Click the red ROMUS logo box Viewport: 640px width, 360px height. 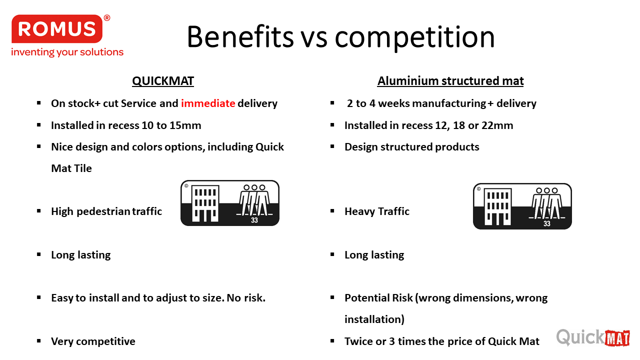click(57, 29)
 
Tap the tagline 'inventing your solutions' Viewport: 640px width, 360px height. click(67, 52)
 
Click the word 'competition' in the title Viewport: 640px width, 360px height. click(414, 37)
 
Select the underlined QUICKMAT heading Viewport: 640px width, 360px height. click(163, 81)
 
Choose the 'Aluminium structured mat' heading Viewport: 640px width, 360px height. click(450, 81)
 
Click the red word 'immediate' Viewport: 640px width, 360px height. click(208, 103)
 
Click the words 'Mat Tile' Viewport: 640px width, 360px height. click(71, 168)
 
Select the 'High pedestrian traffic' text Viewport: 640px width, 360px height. click(106, 211)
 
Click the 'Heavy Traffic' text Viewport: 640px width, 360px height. click(377, 211)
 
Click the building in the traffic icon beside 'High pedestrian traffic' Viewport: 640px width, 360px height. click(205, 203)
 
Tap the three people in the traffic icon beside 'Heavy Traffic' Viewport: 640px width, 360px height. click(547, 203)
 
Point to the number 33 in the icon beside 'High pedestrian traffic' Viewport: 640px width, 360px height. click(254, 220)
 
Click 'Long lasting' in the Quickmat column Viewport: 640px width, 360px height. click(81, 255)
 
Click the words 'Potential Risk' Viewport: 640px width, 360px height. click(378, 298)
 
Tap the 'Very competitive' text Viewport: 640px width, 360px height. click(93, 341)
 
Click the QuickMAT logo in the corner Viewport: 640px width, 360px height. click(593, 337)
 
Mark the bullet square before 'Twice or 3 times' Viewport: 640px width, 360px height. click(332, 341)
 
